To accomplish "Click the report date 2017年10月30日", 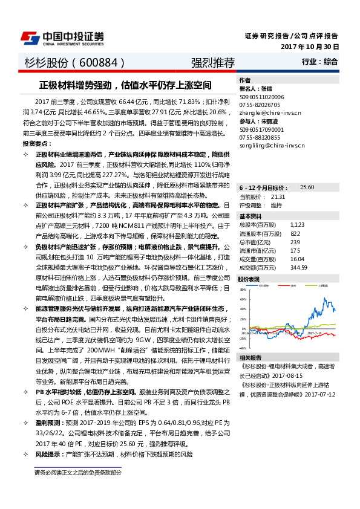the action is point(310,47).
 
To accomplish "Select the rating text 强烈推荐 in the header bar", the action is point(212,62).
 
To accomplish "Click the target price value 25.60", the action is point(307,187).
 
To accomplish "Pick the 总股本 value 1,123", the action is point(297,224).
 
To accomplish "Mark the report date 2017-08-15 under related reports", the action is point(294,374).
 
